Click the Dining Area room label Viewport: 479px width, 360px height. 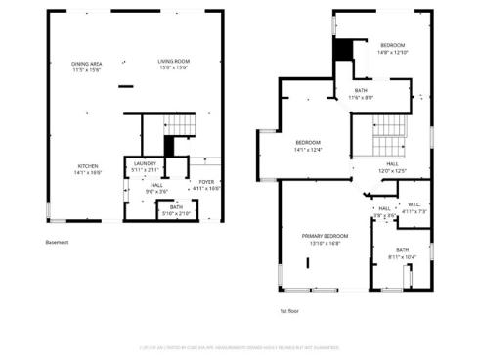87,67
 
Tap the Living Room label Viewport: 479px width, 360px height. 173,66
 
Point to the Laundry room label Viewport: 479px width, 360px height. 145,166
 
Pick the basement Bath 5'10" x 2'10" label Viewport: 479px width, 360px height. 176,209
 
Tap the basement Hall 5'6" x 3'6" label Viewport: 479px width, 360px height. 157,187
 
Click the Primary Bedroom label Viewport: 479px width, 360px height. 325,239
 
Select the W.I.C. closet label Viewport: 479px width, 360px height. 414,208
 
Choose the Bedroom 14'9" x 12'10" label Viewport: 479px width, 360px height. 392,49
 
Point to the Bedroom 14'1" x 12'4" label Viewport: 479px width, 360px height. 308,147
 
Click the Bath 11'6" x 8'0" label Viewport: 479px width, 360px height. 361,94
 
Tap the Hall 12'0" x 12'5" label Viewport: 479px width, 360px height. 391,167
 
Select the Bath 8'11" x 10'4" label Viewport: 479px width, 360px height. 402,252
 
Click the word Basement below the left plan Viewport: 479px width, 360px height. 57,243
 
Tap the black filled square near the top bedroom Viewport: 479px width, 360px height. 342,51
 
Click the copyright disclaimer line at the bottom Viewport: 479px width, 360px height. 239,345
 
